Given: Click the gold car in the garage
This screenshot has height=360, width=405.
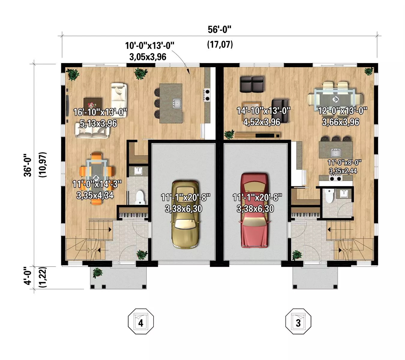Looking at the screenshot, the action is pos(185,214).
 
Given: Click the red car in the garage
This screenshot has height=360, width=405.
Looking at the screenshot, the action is pos(254,211).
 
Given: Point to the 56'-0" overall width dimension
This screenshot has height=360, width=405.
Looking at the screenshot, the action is pos(220,30).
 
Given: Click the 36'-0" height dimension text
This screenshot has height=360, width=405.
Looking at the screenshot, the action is pos(28,165).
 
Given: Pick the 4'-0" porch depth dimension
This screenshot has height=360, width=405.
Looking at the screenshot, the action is pos(28,276).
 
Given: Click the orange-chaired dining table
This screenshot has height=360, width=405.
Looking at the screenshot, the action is pos(97,178).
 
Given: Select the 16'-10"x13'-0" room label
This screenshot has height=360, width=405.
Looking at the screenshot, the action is pos(100,112).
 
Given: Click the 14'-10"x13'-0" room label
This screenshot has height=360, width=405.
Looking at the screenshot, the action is pos(263,111).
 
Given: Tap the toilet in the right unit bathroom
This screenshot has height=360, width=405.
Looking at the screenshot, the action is pos(328,196).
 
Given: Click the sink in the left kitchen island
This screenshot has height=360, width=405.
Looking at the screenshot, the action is pos(177,103).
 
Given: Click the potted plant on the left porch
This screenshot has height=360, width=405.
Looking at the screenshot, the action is pos(97,273).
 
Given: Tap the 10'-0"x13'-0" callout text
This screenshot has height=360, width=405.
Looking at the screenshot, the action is pos(149,46).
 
